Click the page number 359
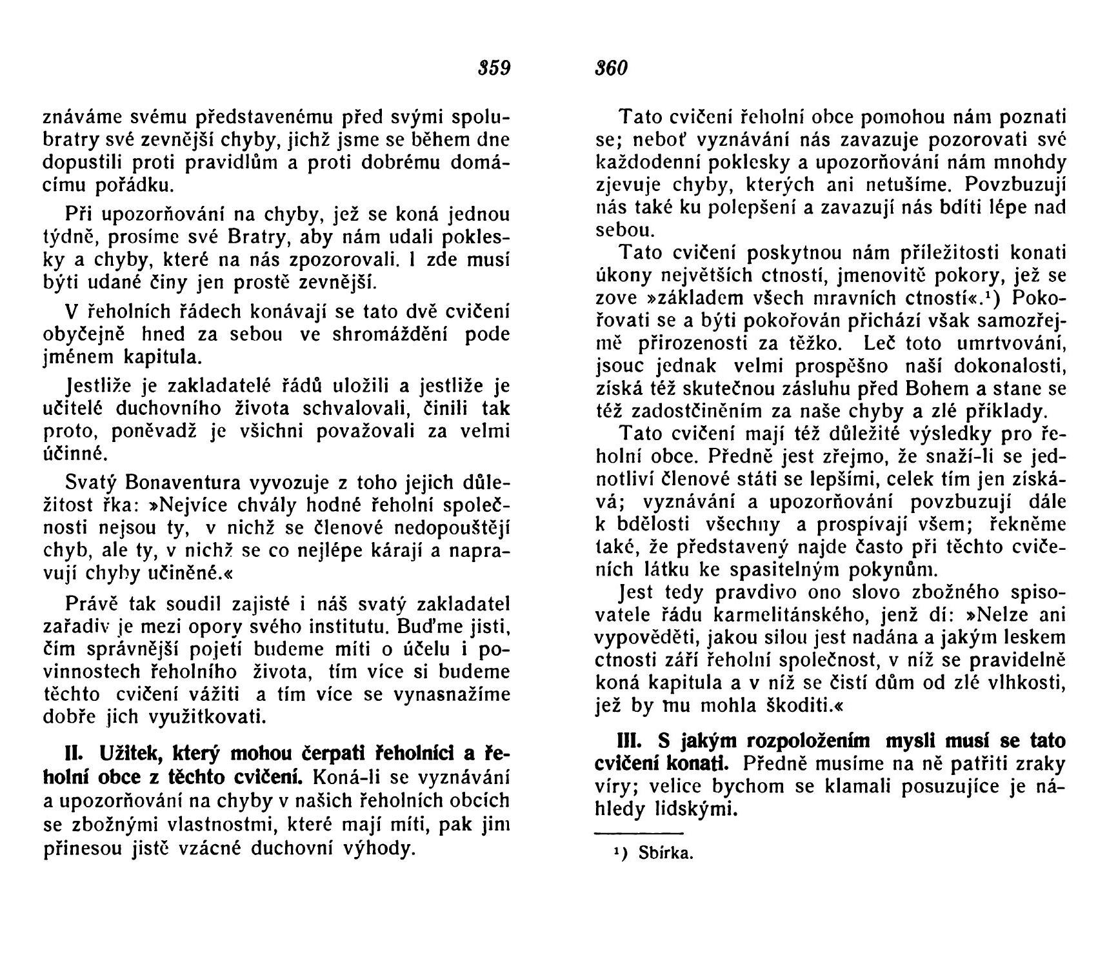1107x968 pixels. click(x=494, y=68)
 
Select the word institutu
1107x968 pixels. click(x=345, y=627)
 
